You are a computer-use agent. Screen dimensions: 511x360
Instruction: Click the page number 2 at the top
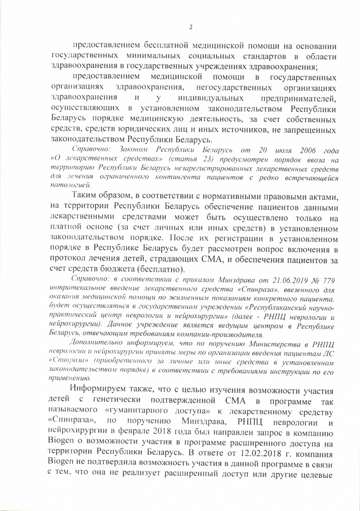[x=191, y=27]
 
